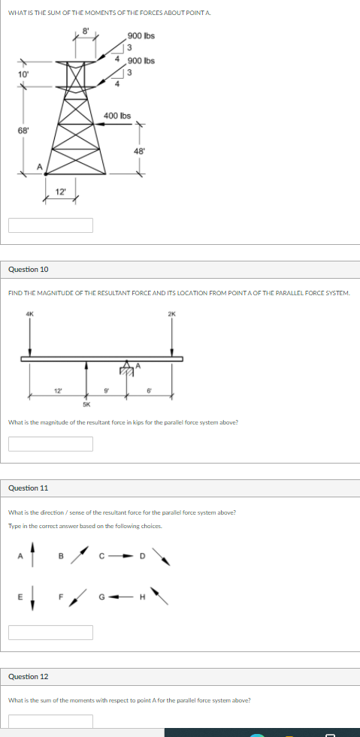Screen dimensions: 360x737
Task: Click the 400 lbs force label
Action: tap(117, 116)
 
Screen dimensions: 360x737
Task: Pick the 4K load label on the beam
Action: tap(29, 313)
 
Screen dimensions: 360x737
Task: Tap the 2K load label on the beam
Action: tap(172, 313)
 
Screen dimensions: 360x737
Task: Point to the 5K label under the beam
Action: tap(86, 404)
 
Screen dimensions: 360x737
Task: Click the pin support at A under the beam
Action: tap(128, 370)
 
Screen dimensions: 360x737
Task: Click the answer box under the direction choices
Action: tap(51, 633)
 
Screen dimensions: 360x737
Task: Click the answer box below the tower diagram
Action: tap(51, 225)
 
